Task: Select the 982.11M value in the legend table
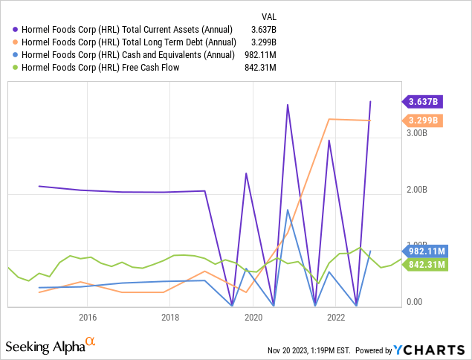tap(259, 54)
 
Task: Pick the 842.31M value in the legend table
tap(259, 67)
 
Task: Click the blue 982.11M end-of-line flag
tap(424, 251)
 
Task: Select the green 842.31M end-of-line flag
tap(424, 263)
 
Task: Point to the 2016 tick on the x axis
tap(87, 317)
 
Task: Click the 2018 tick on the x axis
tap(170, 317)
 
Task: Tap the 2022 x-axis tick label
tap(335, 317)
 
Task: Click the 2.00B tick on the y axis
tap(416, 190)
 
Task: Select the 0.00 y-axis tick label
tap(414, 302)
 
